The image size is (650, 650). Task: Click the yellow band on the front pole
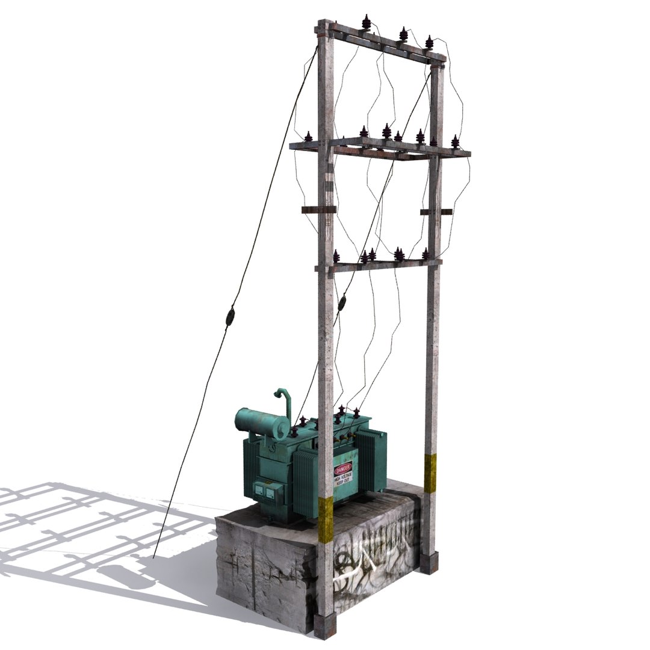pos(326,519)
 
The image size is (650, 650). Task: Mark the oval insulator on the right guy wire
pos(342,303)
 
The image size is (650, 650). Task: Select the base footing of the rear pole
pos(428,563)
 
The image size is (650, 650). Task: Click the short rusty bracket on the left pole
pos(318,209)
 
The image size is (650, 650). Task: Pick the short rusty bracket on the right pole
pos(436,211)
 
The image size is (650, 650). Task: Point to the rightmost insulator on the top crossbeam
pos(429,42)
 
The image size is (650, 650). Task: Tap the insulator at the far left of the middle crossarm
pos(308,137)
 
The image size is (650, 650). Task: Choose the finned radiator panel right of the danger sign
pos(373,460)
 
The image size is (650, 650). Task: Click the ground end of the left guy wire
pos(154,557)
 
